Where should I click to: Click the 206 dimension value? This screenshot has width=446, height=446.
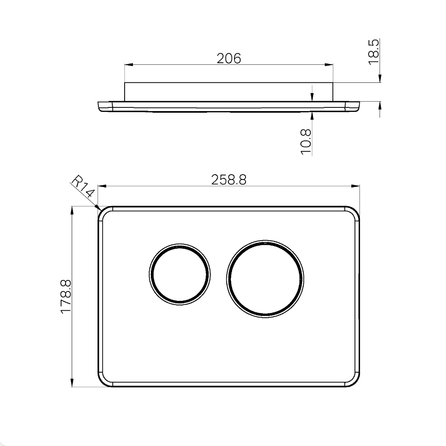tap(229, 58)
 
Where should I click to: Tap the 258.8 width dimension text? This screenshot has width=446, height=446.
tap(229, 180)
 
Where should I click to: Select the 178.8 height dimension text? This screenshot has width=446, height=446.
tap(66, 296)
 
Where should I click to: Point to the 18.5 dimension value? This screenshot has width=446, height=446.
tap(374, 52)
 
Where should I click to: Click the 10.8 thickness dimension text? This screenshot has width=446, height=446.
tap(306, 142)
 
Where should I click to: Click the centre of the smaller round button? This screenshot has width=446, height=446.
tap(180, 274)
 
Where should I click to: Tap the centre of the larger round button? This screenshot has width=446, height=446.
tap(265, 279)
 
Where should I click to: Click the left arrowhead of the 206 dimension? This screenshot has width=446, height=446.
tap(129, 65)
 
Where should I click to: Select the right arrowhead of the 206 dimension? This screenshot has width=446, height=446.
tap(328, 65)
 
